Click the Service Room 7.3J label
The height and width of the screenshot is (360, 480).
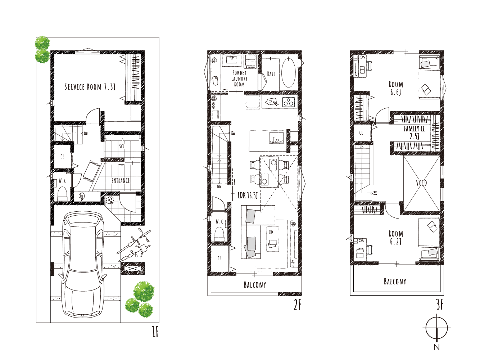(90, 87)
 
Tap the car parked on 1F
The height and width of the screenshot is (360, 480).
(83, 264)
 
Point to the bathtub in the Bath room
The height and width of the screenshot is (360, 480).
(289, 72)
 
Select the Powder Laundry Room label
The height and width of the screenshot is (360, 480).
(239, 78)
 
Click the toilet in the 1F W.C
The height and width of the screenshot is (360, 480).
(62, 194)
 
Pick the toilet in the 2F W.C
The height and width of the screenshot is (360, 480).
(219, 234)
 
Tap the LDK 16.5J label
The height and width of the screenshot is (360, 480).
(248, 195)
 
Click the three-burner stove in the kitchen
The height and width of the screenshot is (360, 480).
(289, 102)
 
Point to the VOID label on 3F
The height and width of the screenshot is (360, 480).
(421, 183)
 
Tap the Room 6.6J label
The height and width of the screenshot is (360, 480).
(395, 88)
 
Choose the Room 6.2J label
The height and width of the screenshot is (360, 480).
(395, 238)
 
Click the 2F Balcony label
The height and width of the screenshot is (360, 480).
(255, 285)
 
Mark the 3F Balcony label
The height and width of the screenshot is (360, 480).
(395, 282)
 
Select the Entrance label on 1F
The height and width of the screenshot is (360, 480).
(121, 180)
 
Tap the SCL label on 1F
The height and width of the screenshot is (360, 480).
(122, 146)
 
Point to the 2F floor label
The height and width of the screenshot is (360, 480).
(298, 305)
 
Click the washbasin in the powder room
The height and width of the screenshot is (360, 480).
(232, 60)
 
